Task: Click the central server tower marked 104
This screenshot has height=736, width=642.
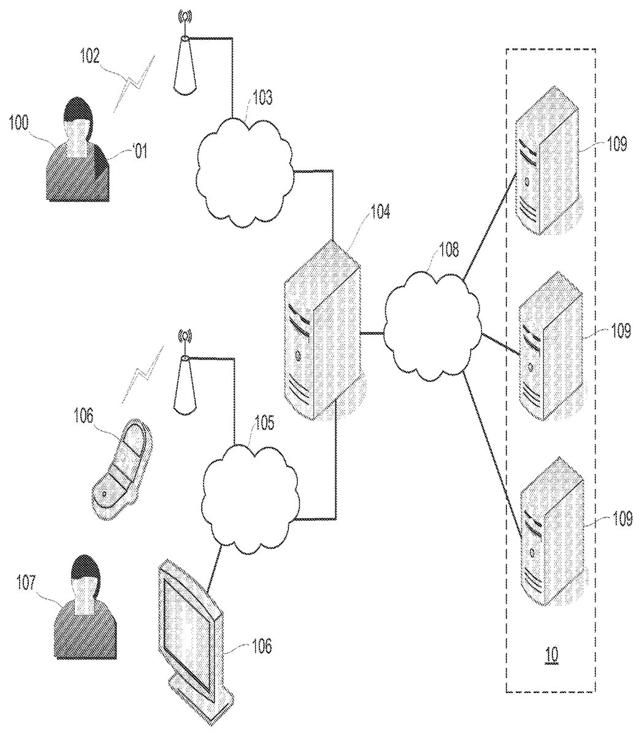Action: click(x=323, y=331)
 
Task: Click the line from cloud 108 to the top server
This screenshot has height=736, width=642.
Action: click(x=491, y=231)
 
